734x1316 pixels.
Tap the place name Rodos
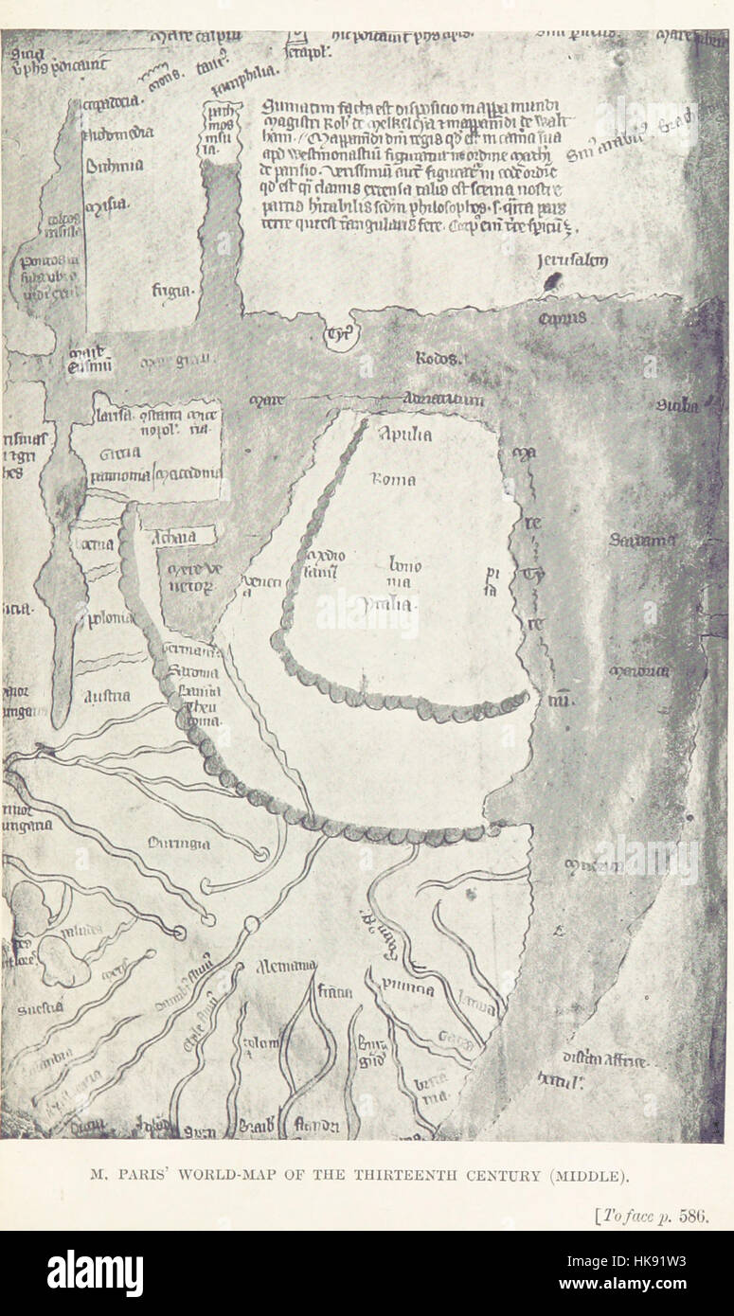tap(437, 360)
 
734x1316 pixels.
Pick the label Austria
tap(108, 696)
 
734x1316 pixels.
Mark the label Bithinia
tap(115, 165)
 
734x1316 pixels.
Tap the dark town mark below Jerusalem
tap(553, 281)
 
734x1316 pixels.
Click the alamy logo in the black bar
tap(95, 1273)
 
